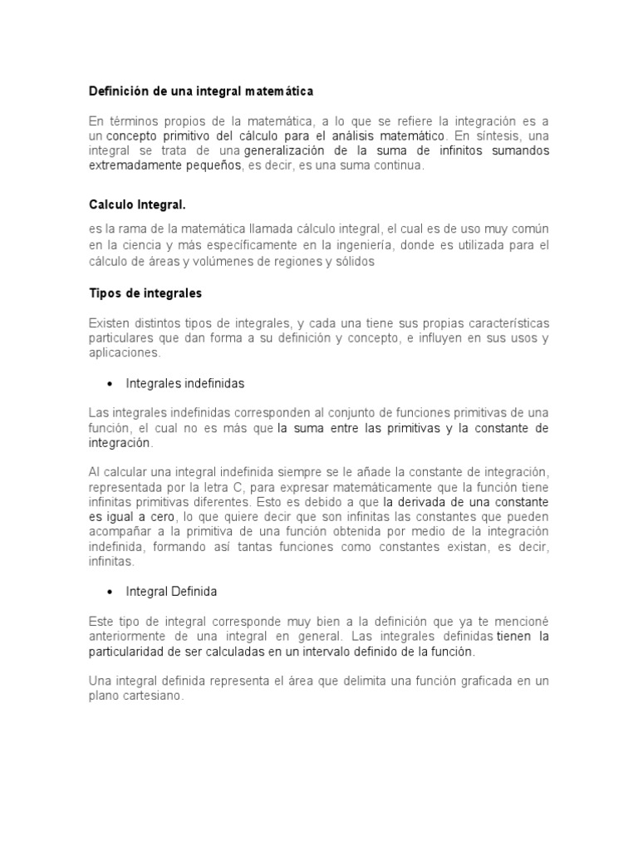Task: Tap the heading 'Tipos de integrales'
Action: [145, 293]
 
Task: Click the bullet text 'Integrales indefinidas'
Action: [184, 384]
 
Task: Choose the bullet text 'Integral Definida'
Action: [171, 592]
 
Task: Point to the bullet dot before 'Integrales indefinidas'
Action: [110, 384]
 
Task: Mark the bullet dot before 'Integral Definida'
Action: [110, 592]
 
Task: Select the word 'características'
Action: [498, 322]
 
